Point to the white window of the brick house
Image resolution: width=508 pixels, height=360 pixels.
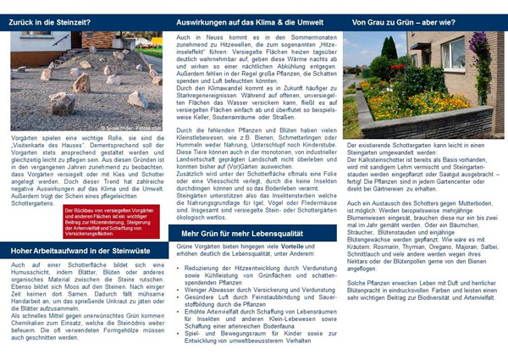(x=453, y=56)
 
